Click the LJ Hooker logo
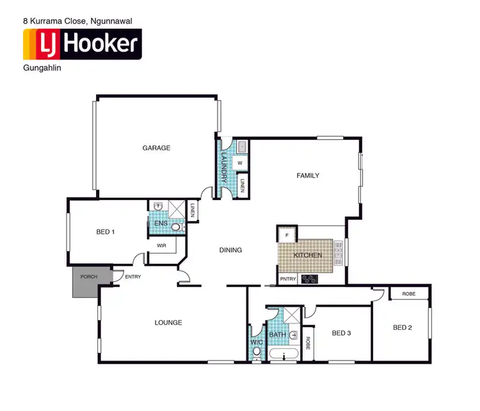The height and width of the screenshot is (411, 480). (81, 44)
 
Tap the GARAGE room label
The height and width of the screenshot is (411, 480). (156, 148)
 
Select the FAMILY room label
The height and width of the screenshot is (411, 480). (307, 175)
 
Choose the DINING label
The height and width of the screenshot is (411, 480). (230, 250)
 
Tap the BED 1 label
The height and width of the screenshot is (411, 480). (105, 231)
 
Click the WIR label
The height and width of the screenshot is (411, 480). (162, 244)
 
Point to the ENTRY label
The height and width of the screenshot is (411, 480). (133, 277)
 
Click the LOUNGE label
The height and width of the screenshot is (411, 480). (168, 323)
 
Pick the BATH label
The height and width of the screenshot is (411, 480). (277, 334)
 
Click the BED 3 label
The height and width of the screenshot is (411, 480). (342, 332)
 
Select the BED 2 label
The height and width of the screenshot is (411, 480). (403, 327)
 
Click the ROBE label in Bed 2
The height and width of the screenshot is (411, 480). (410, 294)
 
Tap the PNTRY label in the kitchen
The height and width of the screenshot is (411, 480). (288, 279)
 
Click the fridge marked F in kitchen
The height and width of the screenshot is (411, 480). (287, 236)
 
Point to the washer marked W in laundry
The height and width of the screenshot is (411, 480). (239, 163)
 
